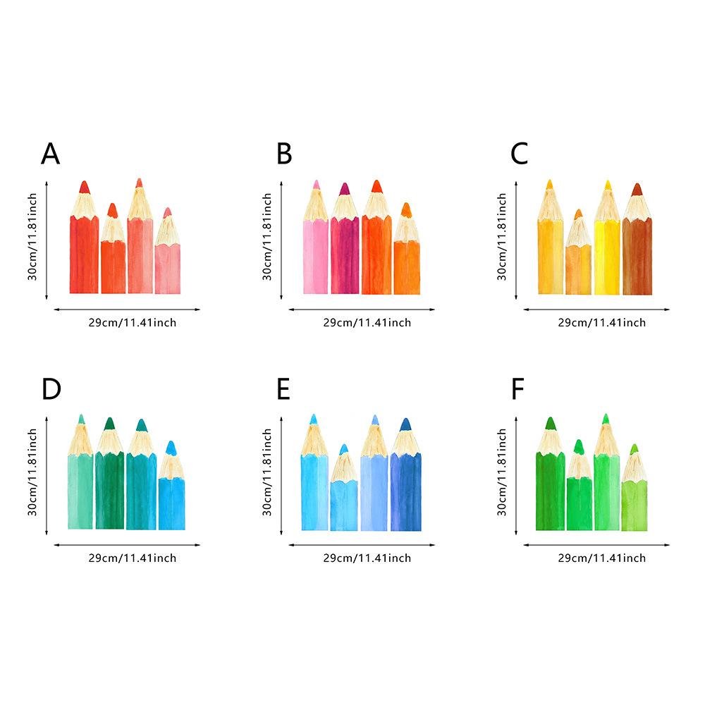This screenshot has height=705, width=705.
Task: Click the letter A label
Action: tap(50, 154)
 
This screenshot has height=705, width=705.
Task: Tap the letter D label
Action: tap(51, 389)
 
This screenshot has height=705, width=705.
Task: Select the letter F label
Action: tap(517, 389)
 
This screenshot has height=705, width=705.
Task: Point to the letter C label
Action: tap(520, 154)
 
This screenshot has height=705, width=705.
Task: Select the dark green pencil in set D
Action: tap(109, 474)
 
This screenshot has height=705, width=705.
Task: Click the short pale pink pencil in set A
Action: tap(168, 251)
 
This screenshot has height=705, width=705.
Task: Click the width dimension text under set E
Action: tap(367, 558)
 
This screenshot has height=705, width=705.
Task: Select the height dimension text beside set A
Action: tap(32, 236)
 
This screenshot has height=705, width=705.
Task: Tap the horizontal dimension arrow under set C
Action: tap(596, 309)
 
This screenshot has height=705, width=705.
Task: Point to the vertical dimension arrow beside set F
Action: tap(516, 476)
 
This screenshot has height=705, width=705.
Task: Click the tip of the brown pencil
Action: tap(637, 183)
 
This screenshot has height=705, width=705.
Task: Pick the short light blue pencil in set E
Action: tap(344, 488)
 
